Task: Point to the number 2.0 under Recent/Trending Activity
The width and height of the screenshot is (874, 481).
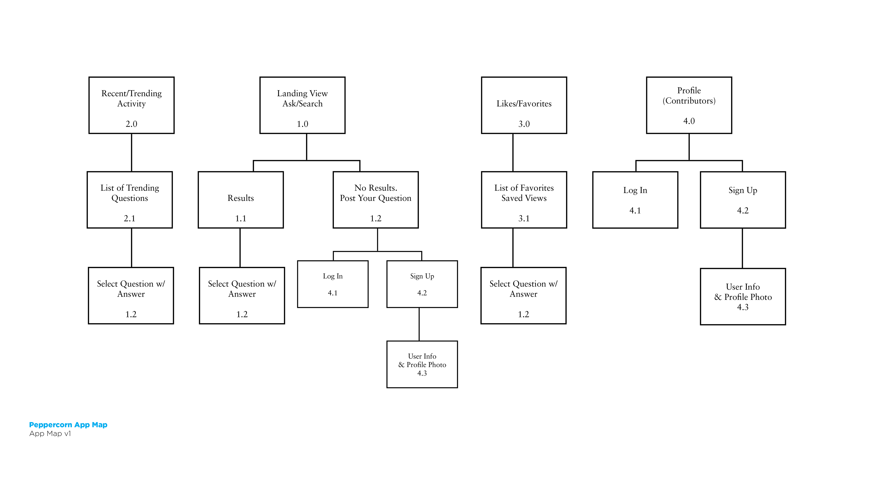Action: (131, 124)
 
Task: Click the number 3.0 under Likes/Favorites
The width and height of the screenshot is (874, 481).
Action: (524, 124)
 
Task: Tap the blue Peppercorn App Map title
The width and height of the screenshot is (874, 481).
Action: (68, 425)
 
